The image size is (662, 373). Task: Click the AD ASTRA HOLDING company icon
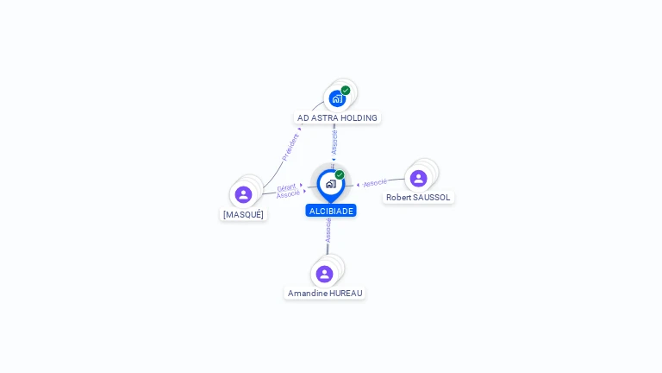click(337, 98)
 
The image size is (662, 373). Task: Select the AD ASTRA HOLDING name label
click(337, 117)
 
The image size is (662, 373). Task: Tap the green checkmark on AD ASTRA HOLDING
click(346, 90)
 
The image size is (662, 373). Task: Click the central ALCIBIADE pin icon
click(330, 184)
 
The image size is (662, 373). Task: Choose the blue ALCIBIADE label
click(331, 211)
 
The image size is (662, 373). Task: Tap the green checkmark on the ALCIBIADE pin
click(340, 174)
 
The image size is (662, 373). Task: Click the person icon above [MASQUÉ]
click(244, 194)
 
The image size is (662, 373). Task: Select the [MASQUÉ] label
click(244, 214)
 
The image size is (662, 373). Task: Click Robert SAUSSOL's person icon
click(419, 178)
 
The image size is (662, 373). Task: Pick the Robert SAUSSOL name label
click(418, 198)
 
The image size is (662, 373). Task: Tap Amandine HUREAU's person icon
click(324, 274)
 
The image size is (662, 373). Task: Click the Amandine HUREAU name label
click(325, 294)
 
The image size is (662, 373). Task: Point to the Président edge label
click(290, 146)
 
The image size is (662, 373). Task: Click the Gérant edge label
click(286, 187)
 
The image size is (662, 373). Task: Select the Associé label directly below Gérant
click(288, 194)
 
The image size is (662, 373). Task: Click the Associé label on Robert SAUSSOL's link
click(375, 183)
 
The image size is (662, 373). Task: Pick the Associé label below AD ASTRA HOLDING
click(334, 142)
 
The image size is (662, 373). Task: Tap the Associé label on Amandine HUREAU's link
click(328, 231)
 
